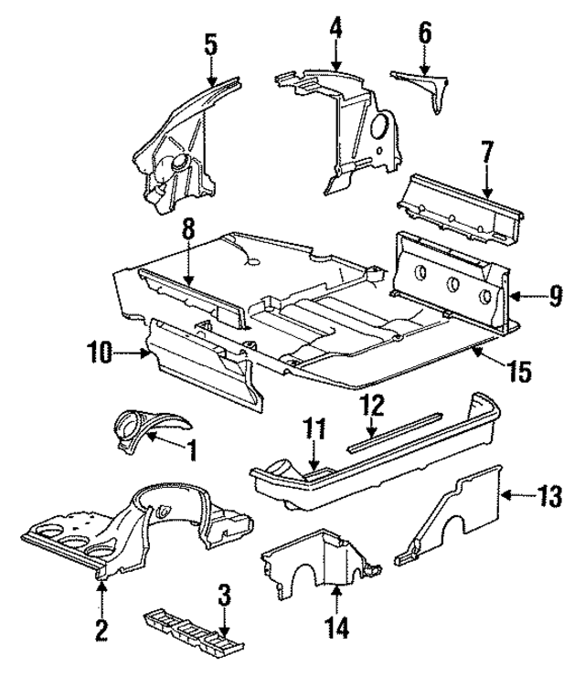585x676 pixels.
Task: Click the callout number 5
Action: coord(210,43)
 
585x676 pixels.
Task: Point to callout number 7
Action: coord(486,152)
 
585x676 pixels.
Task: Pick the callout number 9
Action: coord(556,295)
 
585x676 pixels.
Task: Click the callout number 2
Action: coord(101,629)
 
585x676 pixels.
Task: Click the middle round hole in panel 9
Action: coord(452,282)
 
